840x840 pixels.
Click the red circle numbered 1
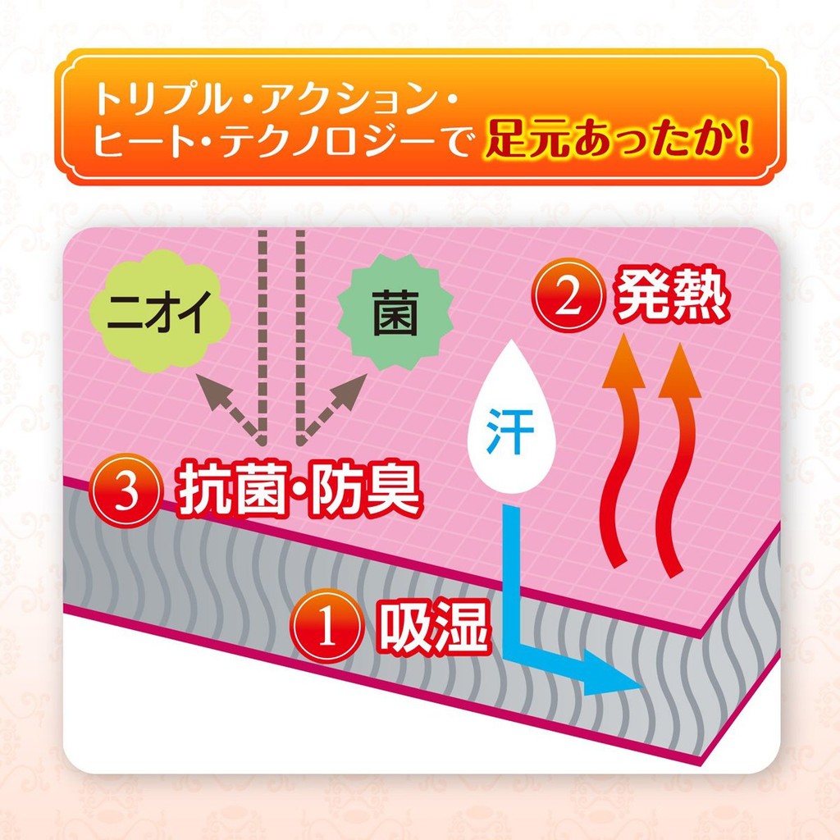tap(326, 626)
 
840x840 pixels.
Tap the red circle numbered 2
tap(568, 295)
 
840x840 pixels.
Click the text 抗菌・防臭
tap(298, 489)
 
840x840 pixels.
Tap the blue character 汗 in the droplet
tap(509, 431)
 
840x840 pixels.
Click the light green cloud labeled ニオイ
tap(159, 313)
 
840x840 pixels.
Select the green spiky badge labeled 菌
tap(395, 313)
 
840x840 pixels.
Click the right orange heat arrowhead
tap(680, 370)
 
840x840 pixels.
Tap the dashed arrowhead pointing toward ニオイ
tap(212, 390)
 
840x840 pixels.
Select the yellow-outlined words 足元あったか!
tap(618, 140)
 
